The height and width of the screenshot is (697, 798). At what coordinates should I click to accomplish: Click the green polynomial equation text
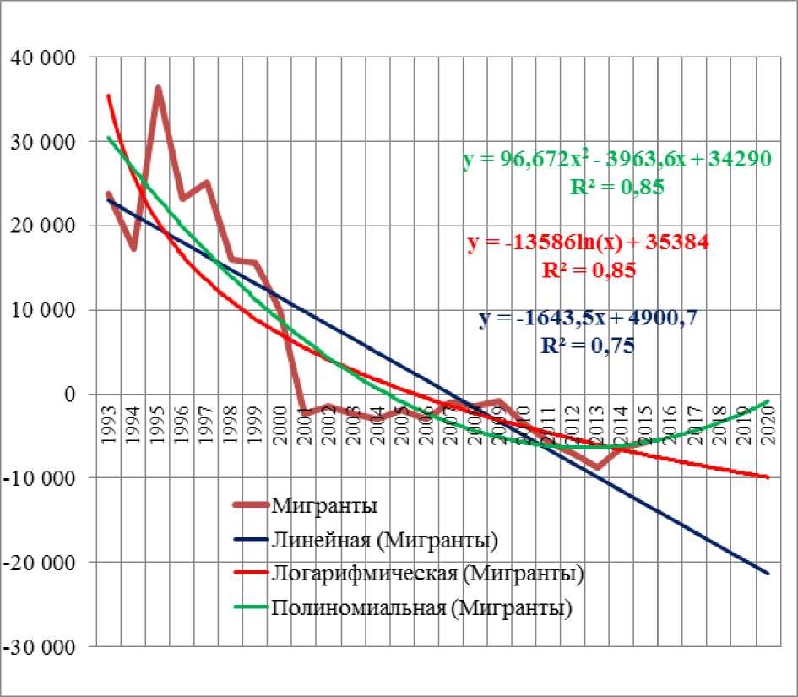coord(616,160)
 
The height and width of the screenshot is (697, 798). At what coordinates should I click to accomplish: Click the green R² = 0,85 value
coord(616,187)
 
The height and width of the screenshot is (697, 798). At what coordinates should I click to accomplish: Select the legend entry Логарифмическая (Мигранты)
coord(429,574)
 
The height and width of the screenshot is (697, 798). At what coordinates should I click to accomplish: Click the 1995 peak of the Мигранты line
coord(158,88)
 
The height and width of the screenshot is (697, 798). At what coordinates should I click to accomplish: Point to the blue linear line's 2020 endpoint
coord(768,574)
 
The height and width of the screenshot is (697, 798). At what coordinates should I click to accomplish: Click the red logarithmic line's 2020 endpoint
coord(768,477)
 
